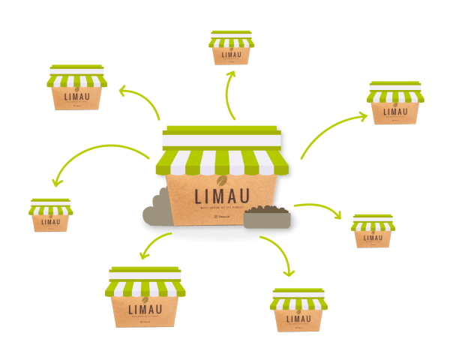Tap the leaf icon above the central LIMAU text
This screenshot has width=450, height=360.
pos(221,181)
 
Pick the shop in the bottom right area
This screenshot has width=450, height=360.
pos(298,309)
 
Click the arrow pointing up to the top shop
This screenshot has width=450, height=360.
pos(232,94)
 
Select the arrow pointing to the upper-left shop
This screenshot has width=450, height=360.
pos(139,101)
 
